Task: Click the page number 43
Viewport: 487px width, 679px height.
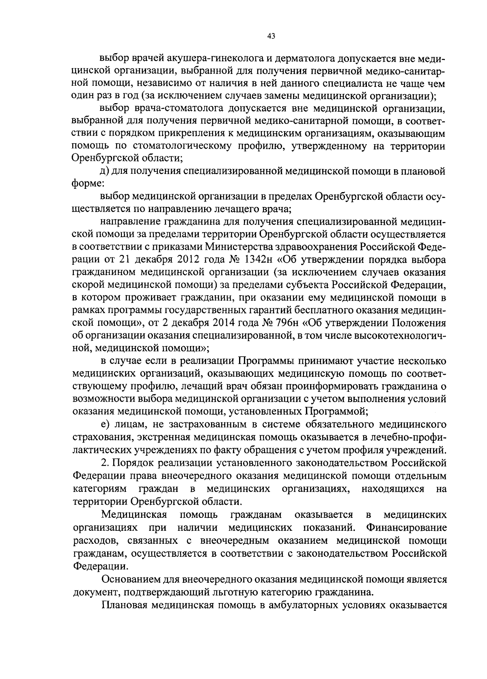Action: [x=272, y=36]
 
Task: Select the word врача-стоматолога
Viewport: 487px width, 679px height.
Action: [x=172, y=109]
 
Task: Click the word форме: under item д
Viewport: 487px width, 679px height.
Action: [x=85, y=184]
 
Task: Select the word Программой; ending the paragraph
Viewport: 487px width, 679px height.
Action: [x=336, y=411]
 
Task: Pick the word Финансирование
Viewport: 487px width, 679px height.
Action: [x=406, y=528]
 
